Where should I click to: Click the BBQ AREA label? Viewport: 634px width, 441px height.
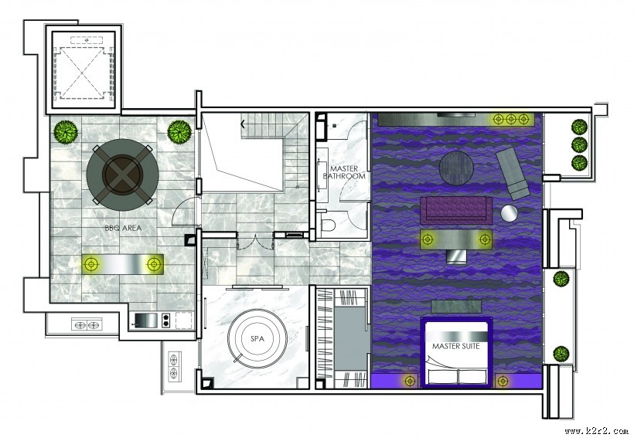[124, 228]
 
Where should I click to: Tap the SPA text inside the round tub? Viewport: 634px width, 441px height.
[257, 339]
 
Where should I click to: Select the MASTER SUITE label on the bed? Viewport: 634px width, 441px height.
[455, 346]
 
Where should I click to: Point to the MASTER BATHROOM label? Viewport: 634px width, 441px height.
[344, 172]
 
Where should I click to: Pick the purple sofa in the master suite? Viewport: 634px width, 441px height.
[456, 210]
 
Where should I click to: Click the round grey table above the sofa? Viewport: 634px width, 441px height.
[456, 167]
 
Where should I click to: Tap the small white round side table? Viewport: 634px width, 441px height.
[509, 213]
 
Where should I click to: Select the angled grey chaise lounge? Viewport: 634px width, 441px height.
[513, 174]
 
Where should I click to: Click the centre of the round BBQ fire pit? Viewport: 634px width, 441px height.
[122, 175]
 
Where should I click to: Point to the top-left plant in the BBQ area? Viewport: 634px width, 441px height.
[66, 131]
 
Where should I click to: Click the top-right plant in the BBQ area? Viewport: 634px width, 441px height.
[179, 131]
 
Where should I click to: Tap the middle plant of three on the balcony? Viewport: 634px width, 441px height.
[579, 144]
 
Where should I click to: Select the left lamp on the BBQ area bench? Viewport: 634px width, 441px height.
[92, 264]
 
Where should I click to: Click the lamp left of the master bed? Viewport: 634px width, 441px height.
[410, 381]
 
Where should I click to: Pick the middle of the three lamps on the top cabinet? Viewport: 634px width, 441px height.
[511, 119]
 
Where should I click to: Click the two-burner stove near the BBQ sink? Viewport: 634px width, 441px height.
[165, 321]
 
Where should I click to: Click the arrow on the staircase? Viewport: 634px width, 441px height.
[243, 124]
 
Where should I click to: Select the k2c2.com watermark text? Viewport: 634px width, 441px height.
[597, 431]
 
